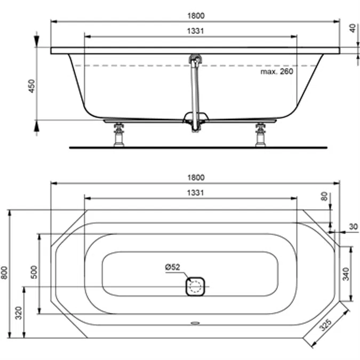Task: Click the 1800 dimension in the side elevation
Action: [195, 16]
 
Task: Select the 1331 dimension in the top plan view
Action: [195, 193]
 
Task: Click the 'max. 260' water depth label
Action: [277, 71]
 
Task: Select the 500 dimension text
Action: [34, 273]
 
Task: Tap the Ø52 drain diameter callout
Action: [173, 266]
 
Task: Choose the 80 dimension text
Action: [325, 196]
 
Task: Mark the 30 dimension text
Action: [353, 227]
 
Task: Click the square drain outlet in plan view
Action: [195, 286]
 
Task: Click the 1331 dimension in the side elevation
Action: [195, 31]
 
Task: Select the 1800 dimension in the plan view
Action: [195, 178]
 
